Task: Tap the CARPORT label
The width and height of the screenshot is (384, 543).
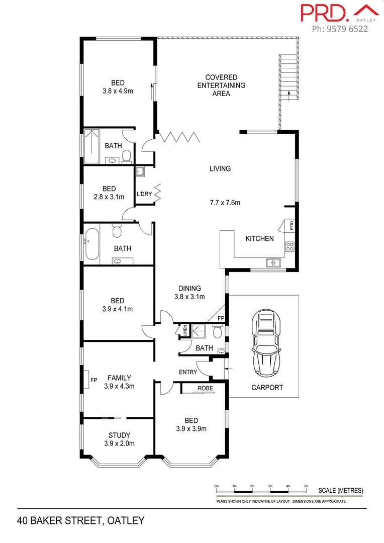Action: pos(267,388)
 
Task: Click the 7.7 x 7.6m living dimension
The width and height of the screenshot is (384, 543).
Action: pos(225,203)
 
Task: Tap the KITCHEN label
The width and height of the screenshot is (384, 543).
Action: pos(259,238)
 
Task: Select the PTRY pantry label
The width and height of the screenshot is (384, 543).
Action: pos(291,226)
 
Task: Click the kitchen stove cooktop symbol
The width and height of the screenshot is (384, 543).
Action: pos(290,246)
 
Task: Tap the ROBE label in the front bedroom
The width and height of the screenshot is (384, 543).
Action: pos(205,389)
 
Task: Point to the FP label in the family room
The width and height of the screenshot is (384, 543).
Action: pos(93,381)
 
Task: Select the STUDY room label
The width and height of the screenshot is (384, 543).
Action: pos(119,435)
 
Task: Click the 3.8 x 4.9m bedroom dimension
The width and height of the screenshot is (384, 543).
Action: pos(118,92)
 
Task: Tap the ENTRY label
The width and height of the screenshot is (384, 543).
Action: pos(188,372)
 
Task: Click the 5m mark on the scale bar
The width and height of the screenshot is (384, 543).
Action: pos(306,486)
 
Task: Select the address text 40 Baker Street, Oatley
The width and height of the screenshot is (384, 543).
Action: pos(81,520)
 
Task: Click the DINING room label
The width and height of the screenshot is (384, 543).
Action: pos(189,289)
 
